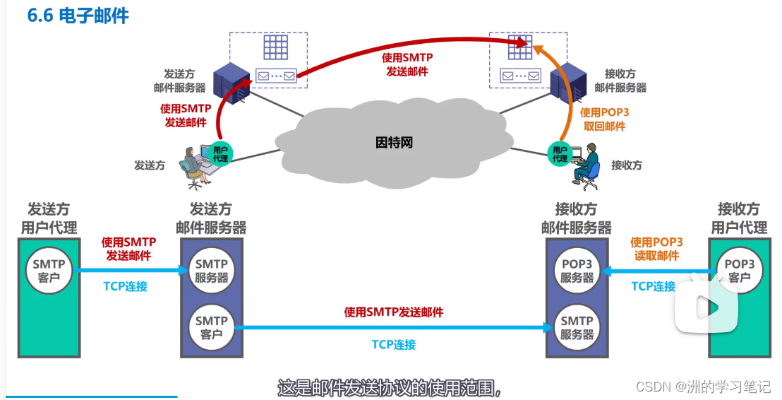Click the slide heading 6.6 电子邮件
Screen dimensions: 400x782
(x=78, y=16)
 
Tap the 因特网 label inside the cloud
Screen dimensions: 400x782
(x=394, y=143)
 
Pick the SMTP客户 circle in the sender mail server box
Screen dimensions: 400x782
(x=212, y=327)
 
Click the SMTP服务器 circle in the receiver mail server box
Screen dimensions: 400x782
(x=577, y=327)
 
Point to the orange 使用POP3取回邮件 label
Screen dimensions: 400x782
(x=603, y=119)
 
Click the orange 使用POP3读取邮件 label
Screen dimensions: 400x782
(x=656, y=249)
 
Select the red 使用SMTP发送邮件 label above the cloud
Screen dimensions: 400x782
(x=407, y=64)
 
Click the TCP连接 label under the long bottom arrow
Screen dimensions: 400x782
(x=394, y=345)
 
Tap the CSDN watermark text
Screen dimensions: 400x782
(x=703, y=387)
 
